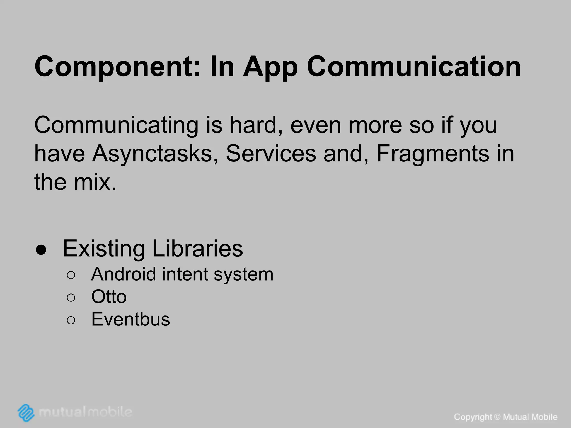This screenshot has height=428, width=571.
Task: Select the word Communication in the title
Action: point(414,67)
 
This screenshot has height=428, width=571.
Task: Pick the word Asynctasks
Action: point(155,154)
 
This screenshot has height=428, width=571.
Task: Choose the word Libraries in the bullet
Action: point(198,248)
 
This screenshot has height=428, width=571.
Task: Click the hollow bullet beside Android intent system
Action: point(71,275)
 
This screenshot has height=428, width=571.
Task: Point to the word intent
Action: point(185,274)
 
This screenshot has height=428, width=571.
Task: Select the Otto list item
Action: point(109,296)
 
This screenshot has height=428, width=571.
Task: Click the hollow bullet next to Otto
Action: point(71,298)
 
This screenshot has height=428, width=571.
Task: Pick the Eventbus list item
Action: point(130,319)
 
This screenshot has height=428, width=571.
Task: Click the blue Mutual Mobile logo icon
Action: point(26,412)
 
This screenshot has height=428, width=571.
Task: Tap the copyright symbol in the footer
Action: point(497,417)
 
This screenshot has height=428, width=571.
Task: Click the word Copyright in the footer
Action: point(473,417)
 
